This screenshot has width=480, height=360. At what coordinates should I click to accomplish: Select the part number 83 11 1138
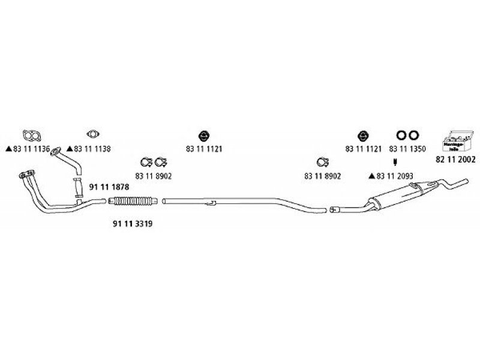point(92,148)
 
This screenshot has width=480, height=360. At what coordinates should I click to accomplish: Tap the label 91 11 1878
point(109,187)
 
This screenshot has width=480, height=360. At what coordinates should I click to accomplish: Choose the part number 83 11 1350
point(407,148)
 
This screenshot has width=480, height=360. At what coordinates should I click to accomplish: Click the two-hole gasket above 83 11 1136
point(28,134)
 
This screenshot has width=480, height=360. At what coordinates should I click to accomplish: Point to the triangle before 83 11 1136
point(8,148)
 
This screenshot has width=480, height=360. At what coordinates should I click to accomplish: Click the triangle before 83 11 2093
point(373,176)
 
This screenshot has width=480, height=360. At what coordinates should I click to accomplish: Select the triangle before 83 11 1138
point(70,148)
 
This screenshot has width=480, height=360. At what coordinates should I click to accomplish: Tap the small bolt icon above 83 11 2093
point(395,163)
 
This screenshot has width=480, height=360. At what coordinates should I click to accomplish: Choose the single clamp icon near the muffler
point(322,162)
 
